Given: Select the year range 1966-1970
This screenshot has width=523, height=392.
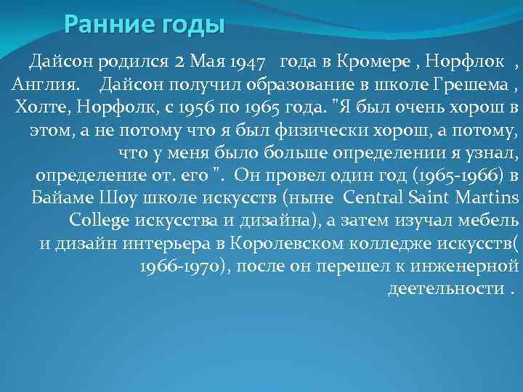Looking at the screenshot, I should [182, 266].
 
